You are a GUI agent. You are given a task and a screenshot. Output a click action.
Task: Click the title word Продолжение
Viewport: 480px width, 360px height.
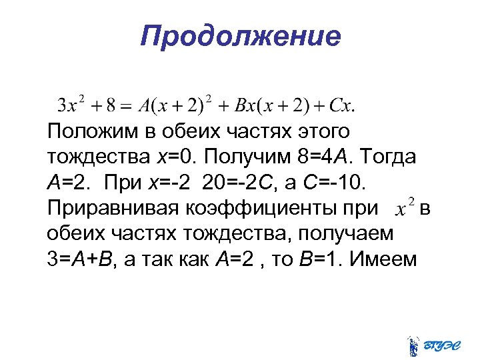[240, 35]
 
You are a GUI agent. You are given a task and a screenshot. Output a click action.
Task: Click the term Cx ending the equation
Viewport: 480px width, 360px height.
[339, 105]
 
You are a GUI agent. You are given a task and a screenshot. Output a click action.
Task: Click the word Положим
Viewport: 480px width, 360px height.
[91, 131]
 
